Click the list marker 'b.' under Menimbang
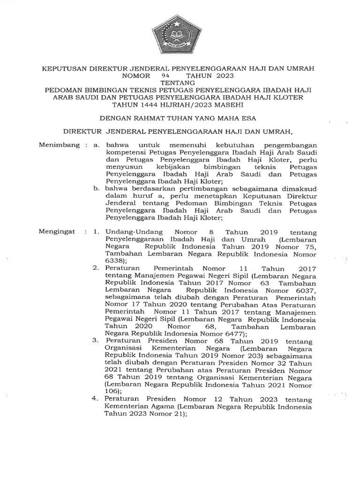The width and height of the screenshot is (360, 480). tap(96, 188)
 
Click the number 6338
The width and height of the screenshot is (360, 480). tap(115, 261)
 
